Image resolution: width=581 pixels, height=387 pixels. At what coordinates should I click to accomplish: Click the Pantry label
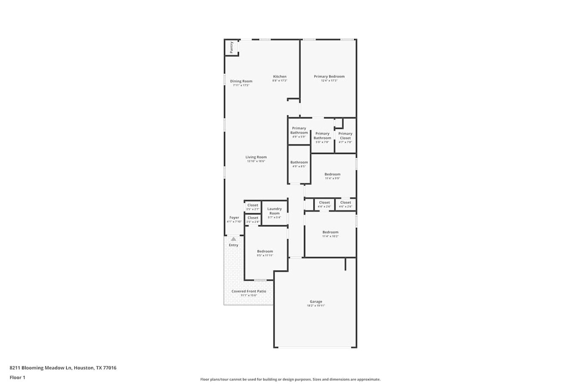pyautogui.click(x=232, y=47)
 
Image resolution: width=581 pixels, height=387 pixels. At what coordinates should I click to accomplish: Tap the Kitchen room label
pyautogui.click(x=280, y=77)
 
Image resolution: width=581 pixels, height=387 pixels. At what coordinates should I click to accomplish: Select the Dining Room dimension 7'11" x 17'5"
pyautogui.click(x=241, y=85)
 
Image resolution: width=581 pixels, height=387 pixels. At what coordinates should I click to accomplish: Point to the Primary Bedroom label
pyautogui.click(x=329, y=77)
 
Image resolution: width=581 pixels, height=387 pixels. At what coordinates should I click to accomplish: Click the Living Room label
pyautogui.click(x=256, y=157)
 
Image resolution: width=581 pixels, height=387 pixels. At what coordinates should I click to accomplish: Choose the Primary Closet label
pyautogui.click(x=345, y=135)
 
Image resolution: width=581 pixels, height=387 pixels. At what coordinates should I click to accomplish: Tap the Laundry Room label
pyautogui.click(x=275, y=211)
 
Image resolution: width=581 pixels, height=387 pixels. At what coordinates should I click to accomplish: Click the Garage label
pyautogui.click(x=316, y=301)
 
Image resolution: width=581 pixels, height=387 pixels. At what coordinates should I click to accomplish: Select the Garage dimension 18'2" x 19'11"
pyautogui.click(x=316, y=306)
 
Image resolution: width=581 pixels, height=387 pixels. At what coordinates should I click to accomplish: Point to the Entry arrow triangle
pyautogui.click(x=233, y=239)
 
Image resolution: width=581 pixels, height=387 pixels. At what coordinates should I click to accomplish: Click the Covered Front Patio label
pyautogui.click(x=249, y=291)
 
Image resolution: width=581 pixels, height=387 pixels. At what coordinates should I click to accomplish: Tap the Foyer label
pyautogui.click(x=234, y=218)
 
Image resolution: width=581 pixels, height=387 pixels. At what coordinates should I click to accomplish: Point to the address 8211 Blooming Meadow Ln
pyautogui.click(x=63, y=368)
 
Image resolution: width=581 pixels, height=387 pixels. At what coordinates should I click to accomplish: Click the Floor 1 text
pyautogui.click(x=18, y=378)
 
